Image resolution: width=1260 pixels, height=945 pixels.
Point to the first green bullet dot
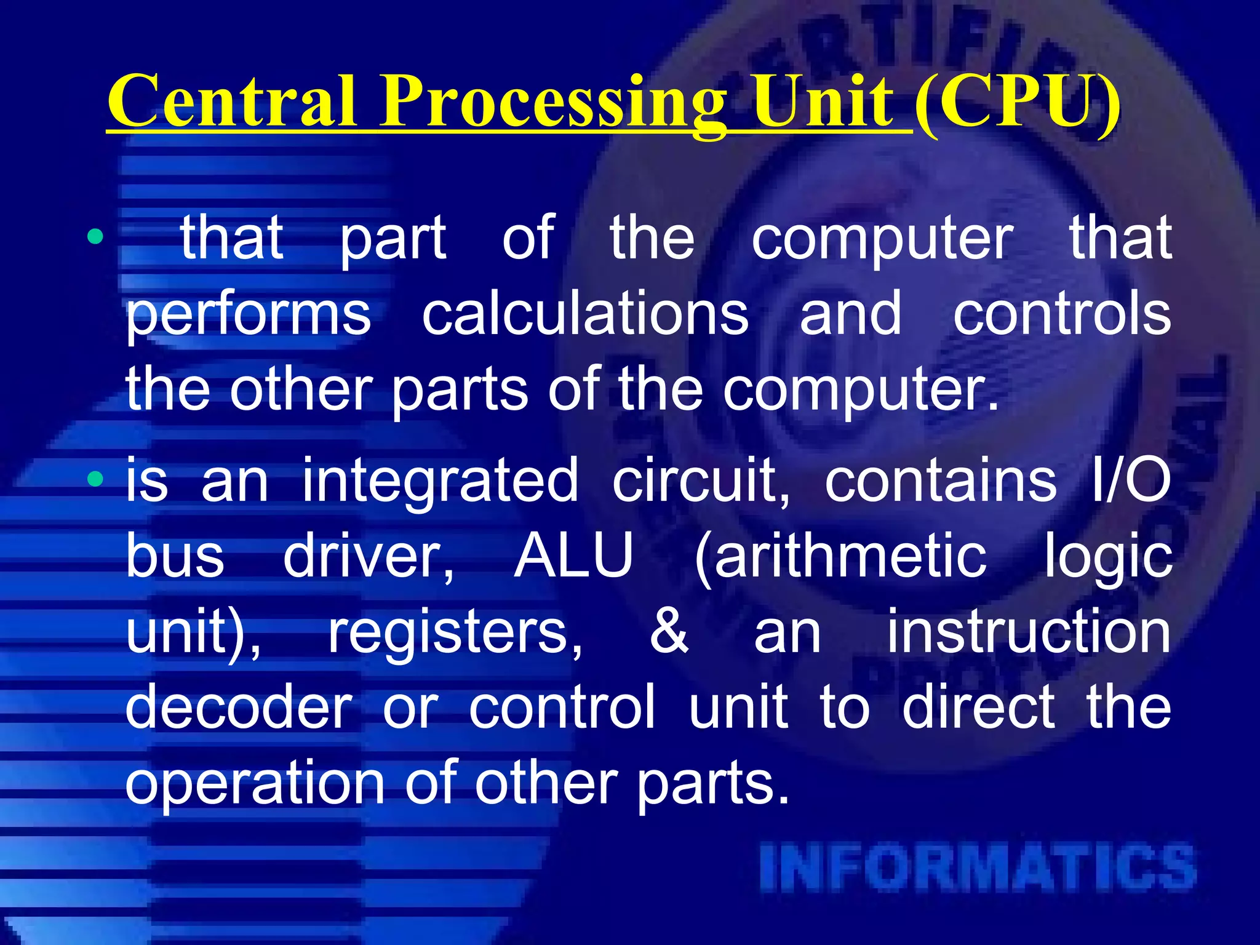95,236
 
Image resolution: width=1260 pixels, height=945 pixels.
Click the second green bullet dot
95,479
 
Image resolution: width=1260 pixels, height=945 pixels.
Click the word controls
1062,314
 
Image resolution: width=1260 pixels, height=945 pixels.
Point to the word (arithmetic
840,557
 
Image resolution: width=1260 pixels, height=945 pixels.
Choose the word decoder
239,707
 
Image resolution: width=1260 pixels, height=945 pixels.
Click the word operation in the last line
255,785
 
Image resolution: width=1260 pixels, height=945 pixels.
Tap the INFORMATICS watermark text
978,868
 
